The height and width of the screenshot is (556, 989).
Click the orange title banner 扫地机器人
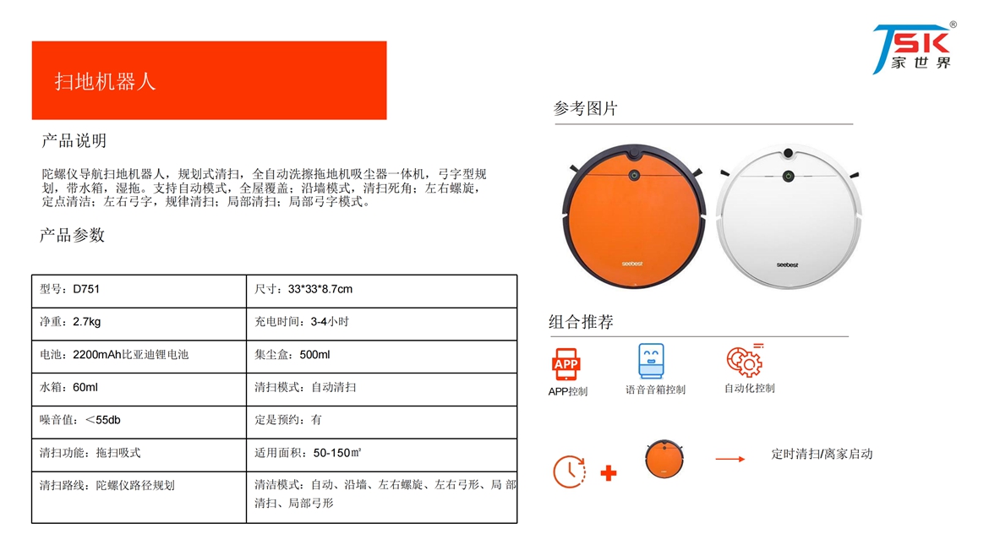click(x=209, y=80)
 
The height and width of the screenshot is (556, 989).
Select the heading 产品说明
click(x=74, y=140)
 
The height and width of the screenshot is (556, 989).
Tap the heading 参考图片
click(x=585, y=108)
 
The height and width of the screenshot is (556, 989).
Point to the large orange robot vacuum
click(x=633, y=216)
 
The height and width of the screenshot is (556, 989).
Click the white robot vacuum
click(x=789, y=217)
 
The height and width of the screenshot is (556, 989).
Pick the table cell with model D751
click(x=139, y=292)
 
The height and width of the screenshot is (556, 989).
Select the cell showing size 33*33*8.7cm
click(x=381, y=292)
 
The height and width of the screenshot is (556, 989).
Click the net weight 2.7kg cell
click(x=139, y=324)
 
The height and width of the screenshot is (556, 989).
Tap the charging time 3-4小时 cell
click(x=381, y=324)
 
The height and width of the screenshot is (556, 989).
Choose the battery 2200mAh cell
click(x=139, y=357)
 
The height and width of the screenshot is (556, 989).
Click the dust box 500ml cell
click(x=381, y=357)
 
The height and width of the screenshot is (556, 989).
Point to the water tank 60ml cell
click(x=139, y=390)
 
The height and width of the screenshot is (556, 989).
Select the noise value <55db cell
click(x=139, y=422)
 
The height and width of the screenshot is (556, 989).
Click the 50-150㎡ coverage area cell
click(x=381, y=455)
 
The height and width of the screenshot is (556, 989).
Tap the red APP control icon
click(x=566, y=363)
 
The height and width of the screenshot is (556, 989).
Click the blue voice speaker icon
click(x=651, y=361)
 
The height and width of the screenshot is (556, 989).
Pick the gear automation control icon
click(x=745, y=361)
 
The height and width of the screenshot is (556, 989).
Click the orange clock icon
click(x=569, y=472)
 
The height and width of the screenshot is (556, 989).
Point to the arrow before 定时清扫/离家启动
click(x=729, y=459)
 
